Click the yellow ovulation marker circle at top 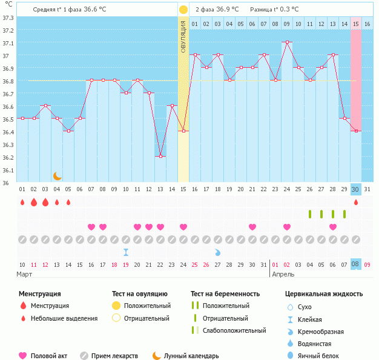pos(183,10)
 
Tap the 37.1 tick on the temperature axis pos(8,44)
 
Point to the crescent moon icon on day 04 pos(57,175)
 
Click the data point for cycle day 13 pos(160,157)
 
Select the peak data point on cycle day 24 pos(286,42)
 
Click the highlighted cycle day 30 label pos(356,189)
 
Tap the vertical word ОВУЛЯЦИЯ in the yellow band pos(183,36)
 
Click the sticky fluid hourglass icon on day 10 pos(125,252)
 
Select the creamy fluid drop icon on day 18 pos(217,252)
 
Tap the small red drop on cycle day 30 pos(356,202)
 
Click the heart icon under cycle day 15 pos(183,227)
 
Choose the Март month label pos(25,274)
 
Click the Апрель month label pos(284,274)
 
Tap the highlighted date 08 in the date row pos(356,264)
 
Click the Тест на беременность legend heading pos(229,294)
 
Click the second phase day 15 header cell pos(356,24)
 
